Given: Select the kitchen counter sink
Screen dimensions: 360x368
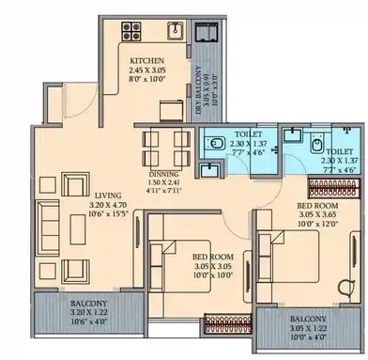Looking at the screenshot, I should click(x=174, y=32).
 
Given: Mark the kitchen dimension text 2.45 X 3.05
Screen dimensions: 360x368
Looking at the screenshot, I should click(x=148, y=72).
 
